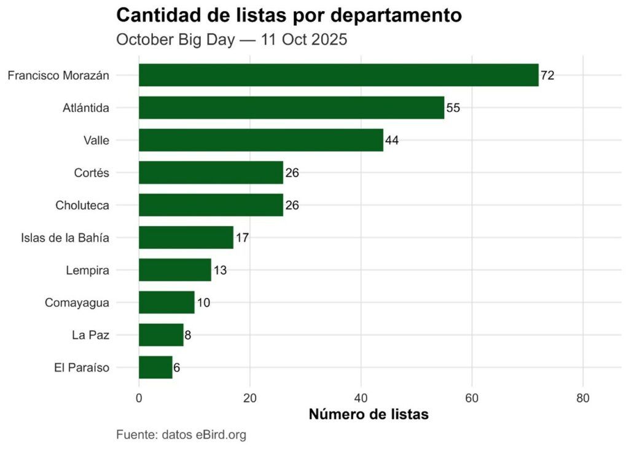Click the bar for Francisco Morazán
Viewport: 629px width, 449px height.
click(x=338, y=75)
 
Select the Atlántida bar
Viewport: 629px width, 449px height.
click(x=291, y=107)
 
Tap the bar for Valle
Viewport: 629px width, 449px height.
click(x=260, y=140)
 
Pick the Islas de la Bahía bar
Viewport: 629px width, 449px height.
click(x=186, y=237)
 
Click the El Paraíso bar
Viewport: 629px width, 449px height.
click(x=155, y=367)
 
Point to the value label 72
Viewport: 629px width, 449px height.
click(x=548, y=76)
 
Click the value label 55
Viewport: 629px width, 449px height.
click(x=453, y=108)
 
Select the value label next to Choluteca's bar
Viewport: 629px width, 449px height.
click(x=292, y=205)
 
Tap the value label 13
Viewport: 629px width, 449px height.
click(x=220, y=270)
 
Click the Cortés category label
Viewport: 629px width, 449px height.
click(x=91, y=173)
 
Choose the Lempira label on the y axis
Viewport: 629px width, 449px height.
click(x=87, y=270)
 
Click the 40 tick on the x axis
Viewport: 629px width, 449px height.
click(x=361, y=398)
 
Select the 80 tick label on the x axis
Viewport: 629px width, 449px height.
click(x=583, y=398)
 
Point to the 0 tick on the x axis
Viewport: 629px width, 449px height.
click(x=139, y=398)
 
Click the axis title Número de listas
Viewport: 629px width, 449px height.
click(x=368, y=415)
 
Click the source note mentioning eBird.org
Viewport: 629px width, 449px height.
click(x=181, y=435)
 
